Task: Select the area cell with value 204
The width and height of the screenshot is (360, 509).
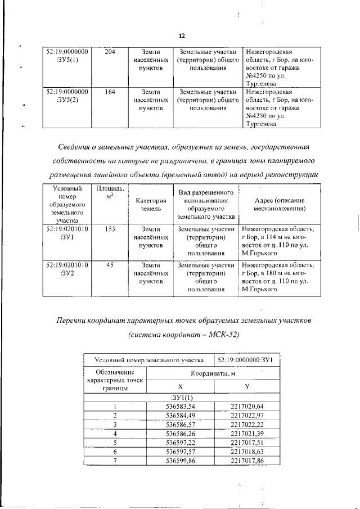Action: point(110,51)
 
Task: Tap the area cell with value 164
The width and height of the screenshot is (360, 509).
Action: point(110,91)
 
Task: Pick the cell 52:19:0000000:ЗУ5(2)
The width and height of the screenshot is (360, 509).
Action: point(67,95)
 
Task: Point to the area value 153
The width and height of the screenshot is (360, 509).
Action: point(110,229)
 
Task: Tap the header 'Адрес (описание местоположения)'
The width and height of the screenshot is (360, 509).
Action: point(279,204)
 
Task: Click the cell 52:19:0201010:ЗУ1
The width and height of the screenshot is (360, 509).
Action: point(67,233)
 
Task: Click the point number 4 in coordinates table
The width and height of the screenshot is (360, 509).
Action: point(115,434)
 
